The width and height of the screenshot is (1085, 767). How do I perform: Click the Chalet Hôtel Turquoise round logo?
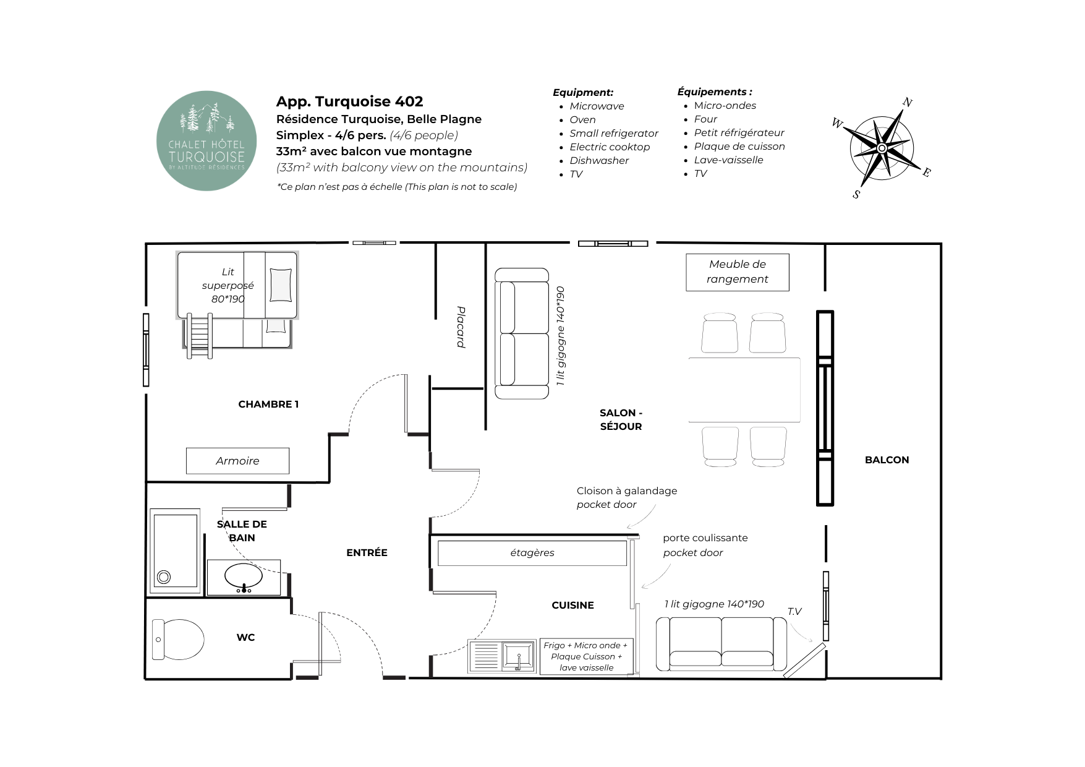(206, 141)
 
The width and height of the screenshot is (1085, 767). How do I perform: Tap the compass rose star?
(882, 148)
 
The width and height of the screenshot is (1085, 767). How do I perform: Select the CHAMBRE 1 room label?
(268, 405)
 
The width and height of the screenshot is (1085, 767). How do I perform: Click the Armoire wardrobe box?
(237, 461)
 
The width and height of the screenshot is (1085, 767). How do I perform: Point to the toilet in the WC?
(178, 640)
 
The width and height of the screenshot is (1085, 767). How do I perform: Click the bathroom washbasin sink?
(243, 577)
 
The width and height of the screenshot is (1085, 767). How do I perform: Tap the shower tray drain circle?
(164, 577)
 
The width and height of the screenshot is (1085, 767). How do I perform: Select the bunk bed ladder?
(200, 336)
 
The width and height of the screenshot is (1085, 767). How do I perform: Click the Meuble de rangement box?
(738, 272)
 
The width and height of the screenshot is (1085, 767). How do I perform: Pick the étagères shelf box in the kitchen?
(532, 553)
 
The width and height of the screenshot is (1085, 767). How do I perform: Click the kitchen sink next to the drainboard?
(518, 656)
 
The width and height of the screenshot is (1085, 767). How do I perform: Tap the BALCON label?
(887, 460)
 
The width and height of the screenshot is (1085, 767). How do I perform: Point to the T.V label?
(794, 612)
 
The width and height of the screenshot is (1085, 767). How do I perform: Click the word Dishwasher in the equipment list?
(599, 161)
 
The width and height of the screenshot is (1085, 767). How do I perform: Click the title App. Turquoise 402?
(349, 101)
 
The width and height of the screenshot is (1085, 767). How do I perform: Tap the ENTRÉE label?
(367, 553)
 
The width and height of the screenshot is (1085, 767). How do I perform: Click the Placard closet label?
(461, 327)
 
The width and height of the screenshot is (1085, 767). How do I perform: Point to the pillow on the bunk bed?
(281, 285)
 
